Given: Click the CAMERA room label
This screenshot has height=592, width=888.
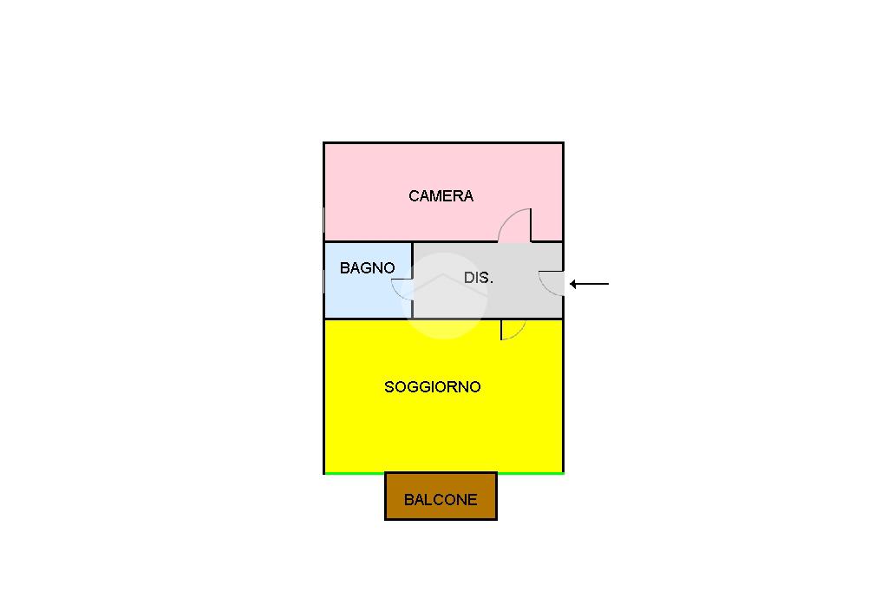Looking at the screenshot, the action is pos(441,196).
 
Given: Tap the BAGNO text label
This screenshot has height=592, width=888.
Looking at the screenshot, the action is pos(367,268).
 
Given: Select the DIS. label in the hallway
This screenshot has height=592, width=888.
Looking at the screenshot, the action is pos(479,279).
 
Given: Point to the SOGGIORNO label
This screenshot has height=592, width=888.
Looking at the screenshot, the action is pos(432,387).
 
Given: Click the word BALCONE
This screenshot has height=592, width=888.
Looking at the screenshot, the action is pos(441,500).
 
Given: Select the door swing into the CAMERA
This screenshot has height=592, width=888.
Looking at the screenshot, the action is pos(515,226).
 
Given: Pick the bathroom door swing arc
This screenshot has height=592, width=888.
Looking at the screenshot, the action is pos(402,289).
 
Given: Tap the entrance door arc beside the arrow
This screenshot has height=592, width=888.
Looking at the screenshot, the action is pos(552,283).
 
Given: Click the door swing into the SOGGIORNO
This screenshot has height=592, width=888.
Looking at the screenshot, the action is pos(513,329).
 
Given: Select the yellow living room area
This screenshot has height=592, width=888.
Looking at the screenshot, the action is pos(442,425).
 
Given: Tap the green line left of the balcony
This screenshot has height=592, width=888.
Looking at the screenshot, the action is pos(354,473).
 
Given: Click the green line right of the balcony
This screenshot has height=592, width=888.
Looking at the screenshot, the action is pos(530,473).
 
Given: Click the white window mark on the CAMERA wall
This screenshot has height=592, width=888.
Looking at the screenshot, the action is pos(324,221).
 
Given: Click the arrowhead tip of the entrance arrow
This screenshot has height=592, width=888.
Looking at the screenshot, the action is pos(571,284).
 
